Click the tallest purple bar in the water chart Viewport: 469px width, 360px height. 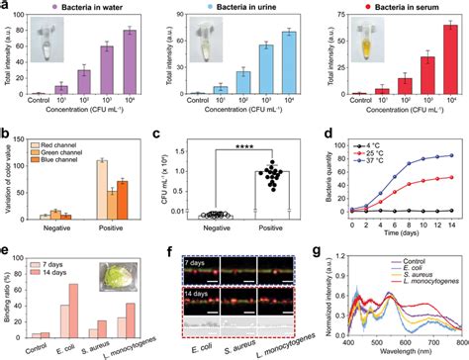point(130,62)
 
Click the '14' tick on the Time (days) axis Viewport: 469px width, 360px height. point(454,222)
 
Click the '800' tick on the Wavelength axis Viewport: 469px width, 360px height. point(457,338)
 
